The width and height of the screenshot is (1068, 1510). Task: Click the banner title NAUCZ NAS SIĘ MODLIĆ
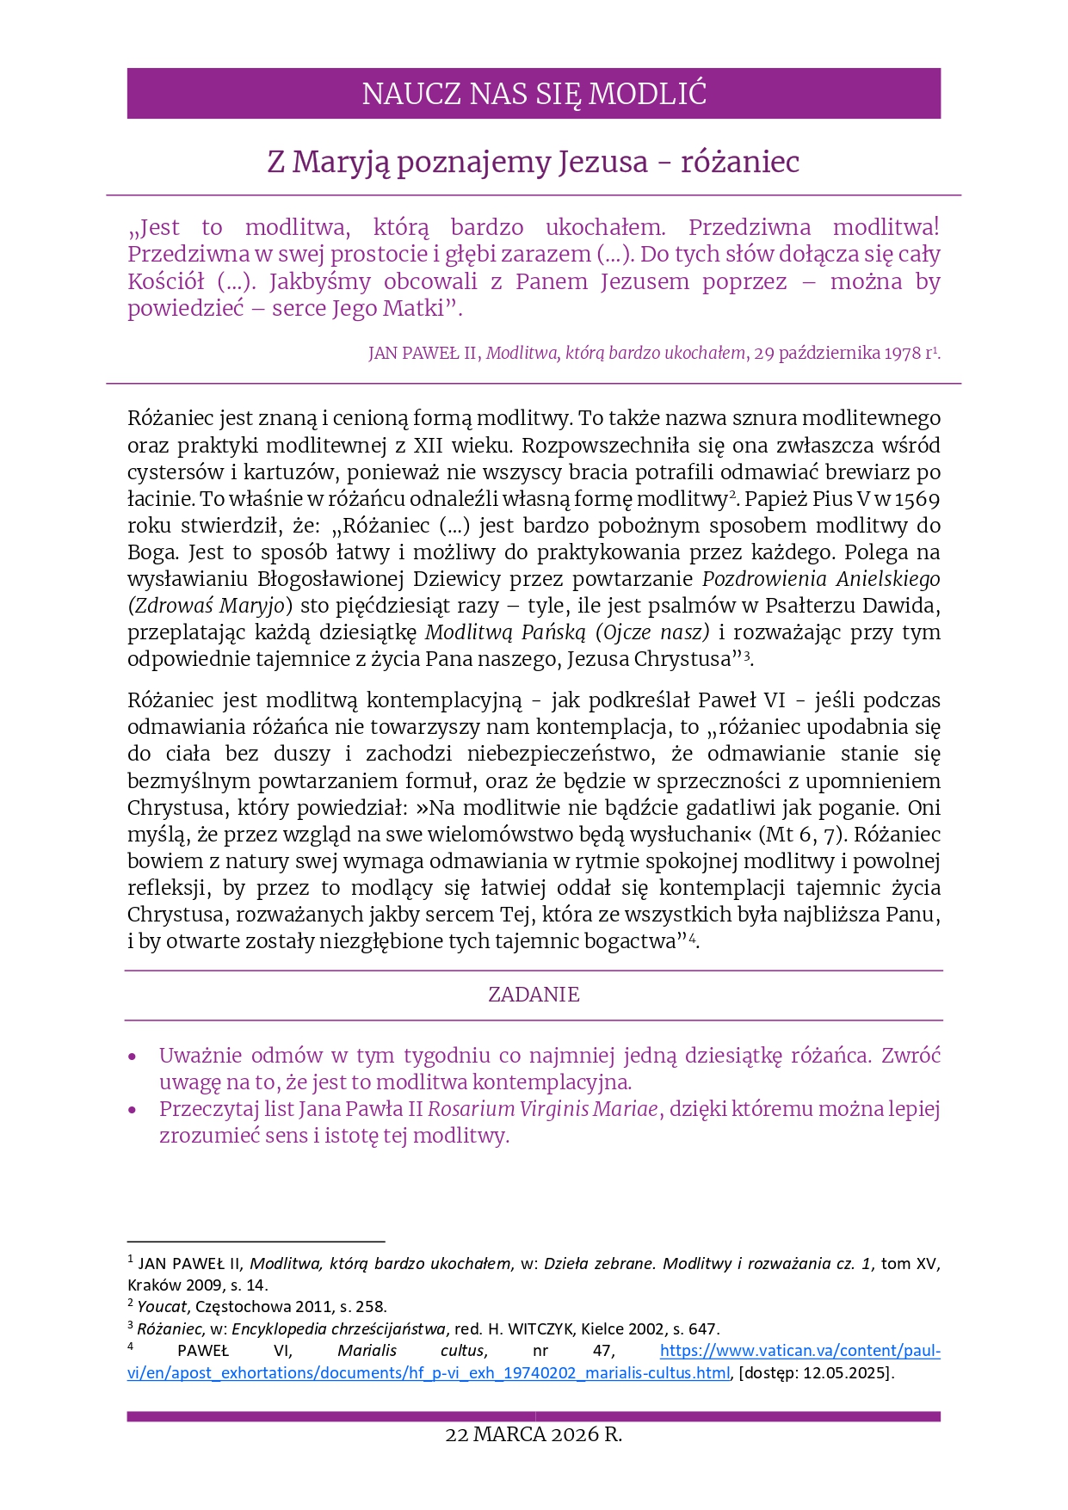(534, 94)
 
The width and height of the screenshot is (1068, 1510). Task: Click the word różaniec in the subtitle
(740, 162)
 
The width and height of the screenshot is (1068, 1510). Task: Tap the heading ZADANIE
(534, 995)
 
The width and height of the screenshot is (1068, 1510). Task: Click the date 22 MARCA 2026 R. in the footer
(534, 1434)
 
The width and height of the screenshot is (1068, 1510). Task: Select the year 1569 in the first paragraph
(917, 499)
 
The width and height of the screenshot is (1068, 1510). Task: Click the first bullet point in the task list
(133, 1057)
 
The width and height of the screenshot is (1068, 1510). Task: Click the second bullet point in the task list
(133, 1110)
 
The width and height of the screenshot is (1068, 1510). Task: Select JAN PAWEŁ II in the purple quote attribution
(423, 354)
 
